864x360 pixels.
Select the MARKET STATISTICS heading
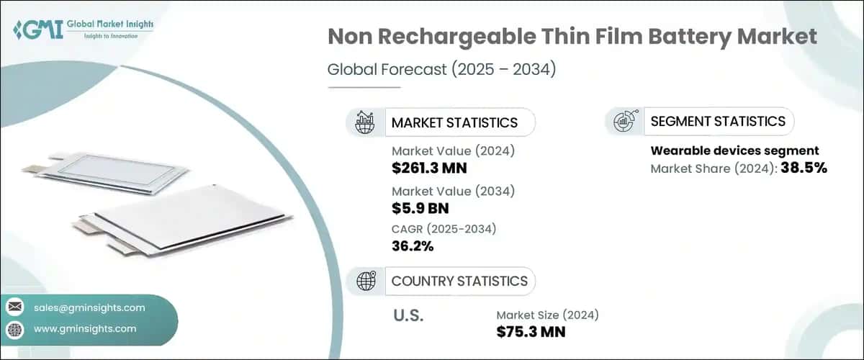[454, 122]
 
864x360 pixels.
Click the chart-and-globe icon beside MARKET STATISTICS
[364, 122]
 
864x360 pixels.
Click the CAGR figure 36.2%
[413, 246]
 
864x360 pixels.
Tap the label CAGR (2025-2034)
[444, 229]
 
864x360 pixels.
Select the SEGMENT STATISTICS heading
[718, 121]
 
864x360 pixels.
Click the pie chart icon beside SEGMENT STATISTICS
[624, 122]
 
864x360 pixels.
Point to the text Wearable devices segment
[734, 151]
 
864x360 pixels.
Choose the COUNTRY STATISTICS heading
[459, 281]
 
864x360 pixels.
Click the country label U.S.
[408, 316]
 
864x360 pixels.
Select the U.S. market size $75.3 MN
[531, 331]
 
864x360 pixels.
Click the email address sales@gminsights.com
[89, 307]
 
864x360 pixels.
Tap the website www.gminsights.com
[85, 328]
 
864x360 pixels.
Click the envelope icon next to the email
[15, 307]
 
